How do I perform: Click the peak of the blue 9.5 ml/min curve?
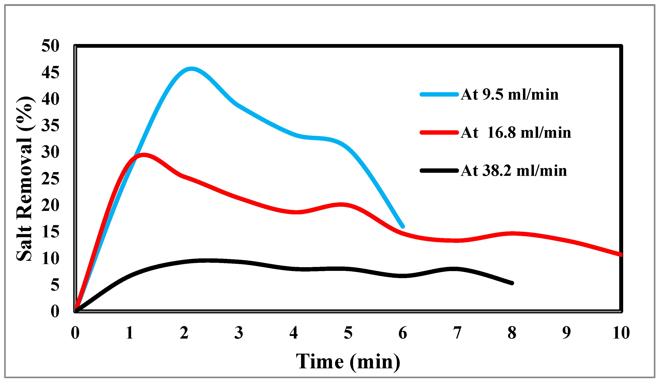(191, 69)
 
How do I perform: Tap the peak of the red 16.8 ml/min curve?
(144, 155)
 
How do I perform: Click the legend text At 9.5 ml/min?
(509, 94)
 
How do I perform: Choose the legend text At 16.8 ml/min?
(516, 133)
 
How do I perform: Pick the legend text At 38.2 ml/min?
(514, 171)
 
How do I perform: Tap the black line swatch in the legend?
(439, 171)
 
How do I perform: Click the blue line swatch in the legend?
(439, 94)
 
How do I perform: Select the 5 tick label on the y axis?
(55, 285)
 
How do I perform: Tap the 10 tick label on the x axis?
(621, 333)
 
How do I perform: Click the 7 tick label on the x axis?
(457, 333)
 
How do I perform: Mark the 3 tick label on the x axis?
(239, 333)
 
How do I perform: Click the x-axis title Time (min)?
(348, 362)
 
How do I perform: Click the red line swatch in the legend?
(439, 133)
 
